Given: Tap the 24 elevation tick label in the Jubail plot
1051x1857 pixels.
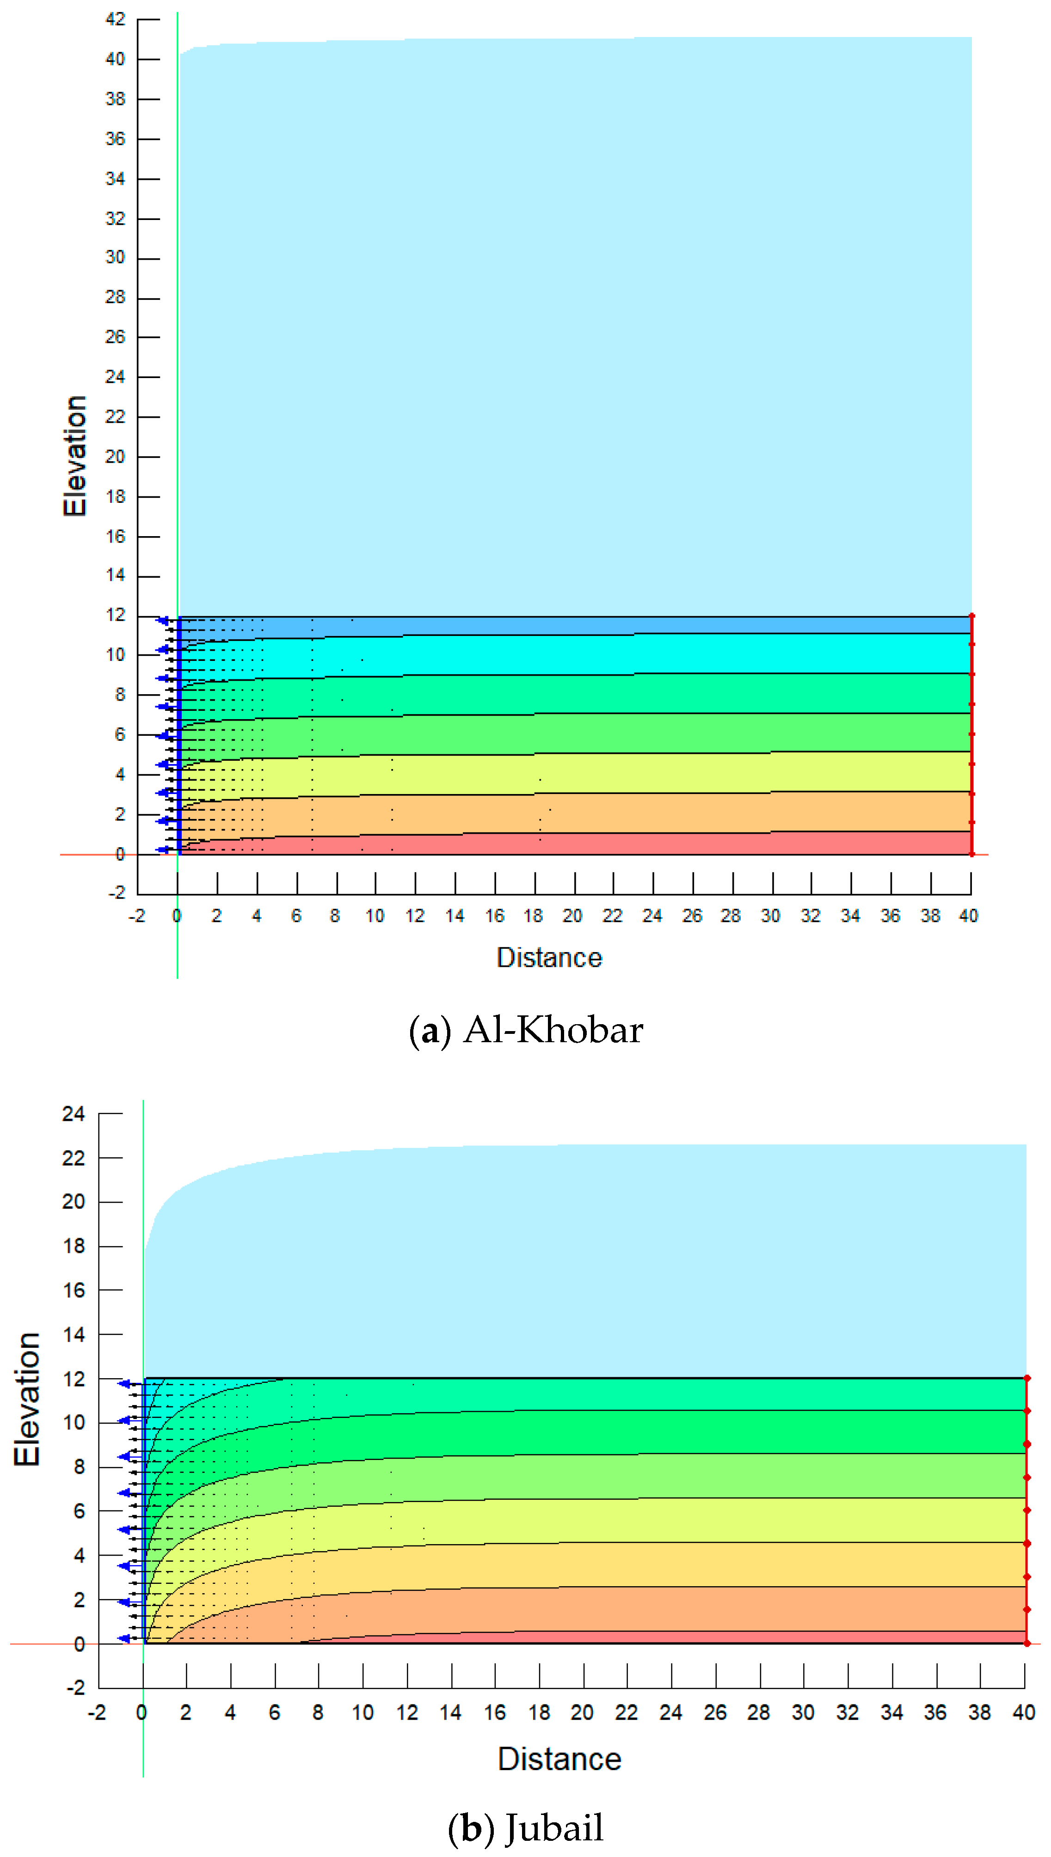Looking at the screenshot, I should (x=73, y=1114).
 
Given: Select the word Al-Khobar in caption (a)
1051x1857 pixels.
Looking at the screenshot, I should (x=553, y=1030).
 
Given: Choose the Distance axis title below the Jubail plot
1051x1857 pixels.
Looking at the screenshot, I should (x=559, y=1759).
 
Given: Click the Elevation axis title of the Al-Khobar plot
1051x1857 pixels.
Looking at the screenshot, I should (x=74, y=456).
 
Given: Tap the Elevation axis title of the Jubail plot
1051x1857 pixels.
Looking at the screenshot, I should (x=27, y=1399).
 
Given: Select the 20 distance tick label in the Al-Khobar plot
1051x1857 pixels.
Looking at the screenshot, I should (x=572, y=916).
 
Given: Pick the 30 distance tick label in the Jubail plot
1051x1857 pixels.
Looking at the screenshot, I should (x=803, y=1712).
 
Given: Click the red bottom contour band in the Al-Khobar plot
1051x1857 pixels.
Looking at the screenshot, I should (x=578, y=844).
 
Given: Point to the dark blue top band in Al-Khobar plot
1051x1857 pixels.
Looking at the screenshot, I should (x=578, y=625).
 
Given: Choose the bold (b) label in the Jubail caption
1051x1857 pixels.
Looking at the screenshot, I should (x=471, y=1827).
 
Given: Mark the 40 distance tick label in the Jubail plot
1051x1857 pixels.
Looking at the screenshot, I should (x=1024, y=1712).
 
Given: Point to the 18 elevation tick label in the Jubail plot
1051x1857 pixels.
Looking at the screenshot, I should (x=74, y=1246).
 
